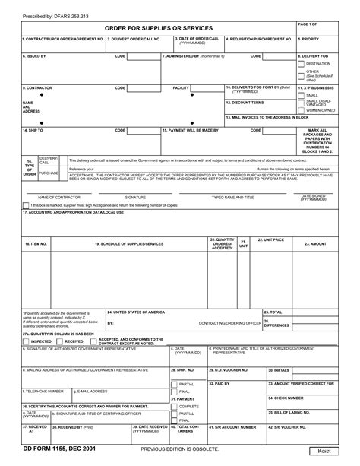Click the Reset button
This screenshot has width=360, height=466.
(324, 451)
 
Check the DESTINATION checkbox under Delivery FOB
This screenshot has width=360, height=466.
(302, 65)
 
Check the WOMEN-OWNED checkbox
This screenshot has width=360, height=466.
(302, 110)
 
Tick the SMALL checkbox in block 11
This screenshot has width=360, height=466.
(302, 96)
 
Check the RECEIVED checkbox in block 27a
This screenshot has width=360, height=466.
(59, 342)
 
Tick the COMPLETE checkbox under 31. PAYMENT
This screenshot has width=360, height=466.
(175, 406)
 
